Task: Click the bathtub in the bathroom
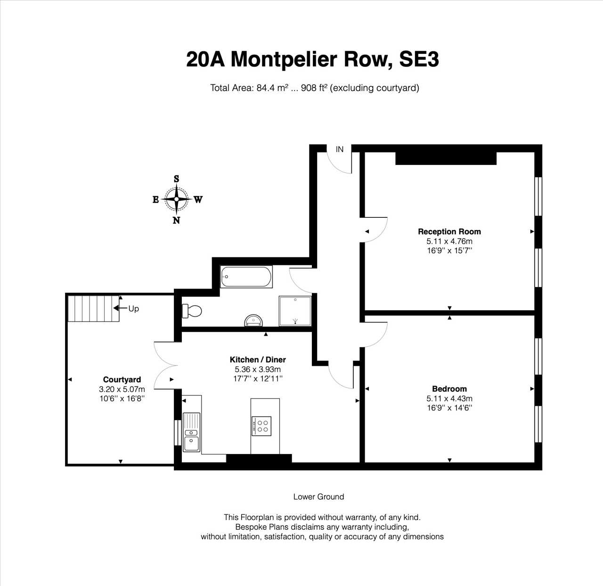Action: [246, 277]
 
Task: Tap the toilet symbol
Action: [192, 311]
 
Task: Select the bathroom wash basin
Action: [253, 320]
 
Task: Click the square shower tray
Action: [295, 311]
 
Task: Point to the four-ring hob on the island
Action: [261, 426]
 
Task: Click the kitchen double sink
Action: [191, 432]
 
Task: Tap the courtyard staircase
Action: [94, 308]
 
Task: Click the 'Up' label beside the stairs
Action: [133, 308]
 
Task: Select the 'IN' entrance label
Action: [340, 149]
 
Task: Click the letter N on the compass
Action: [176, 220]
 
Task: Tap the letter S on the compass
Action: [176, 179]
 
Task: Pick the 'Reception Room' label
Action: [449, 231]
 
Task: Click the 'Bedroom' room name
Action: [449, 389]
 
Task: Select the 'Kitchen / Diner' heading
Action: [258, 360]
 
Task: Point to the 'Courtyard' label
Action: [122, 380]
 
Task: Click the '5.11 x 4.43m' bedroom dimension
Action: [449, 398]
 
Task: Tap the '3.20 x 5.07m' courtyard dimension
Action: [122, 389]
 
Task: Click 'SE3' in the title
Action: [419, 59]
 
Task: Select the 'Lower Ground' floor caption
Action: [318, 497]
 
